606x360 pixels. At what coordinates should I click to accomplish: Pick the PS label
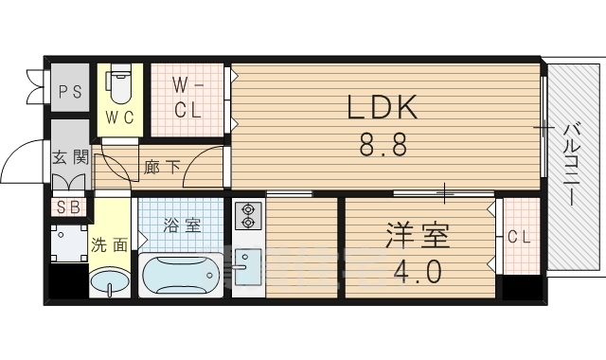point(68,92)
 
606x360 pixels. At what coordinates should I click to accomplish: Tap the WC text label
point(120,118)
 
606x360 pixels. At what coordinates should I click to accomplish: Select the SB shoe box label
point(68,207)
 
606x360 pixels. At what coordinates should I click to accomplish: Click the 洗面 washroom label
point(110,244)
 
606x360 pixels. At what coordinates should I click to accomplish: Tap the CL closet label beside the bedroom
point(518,236)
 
